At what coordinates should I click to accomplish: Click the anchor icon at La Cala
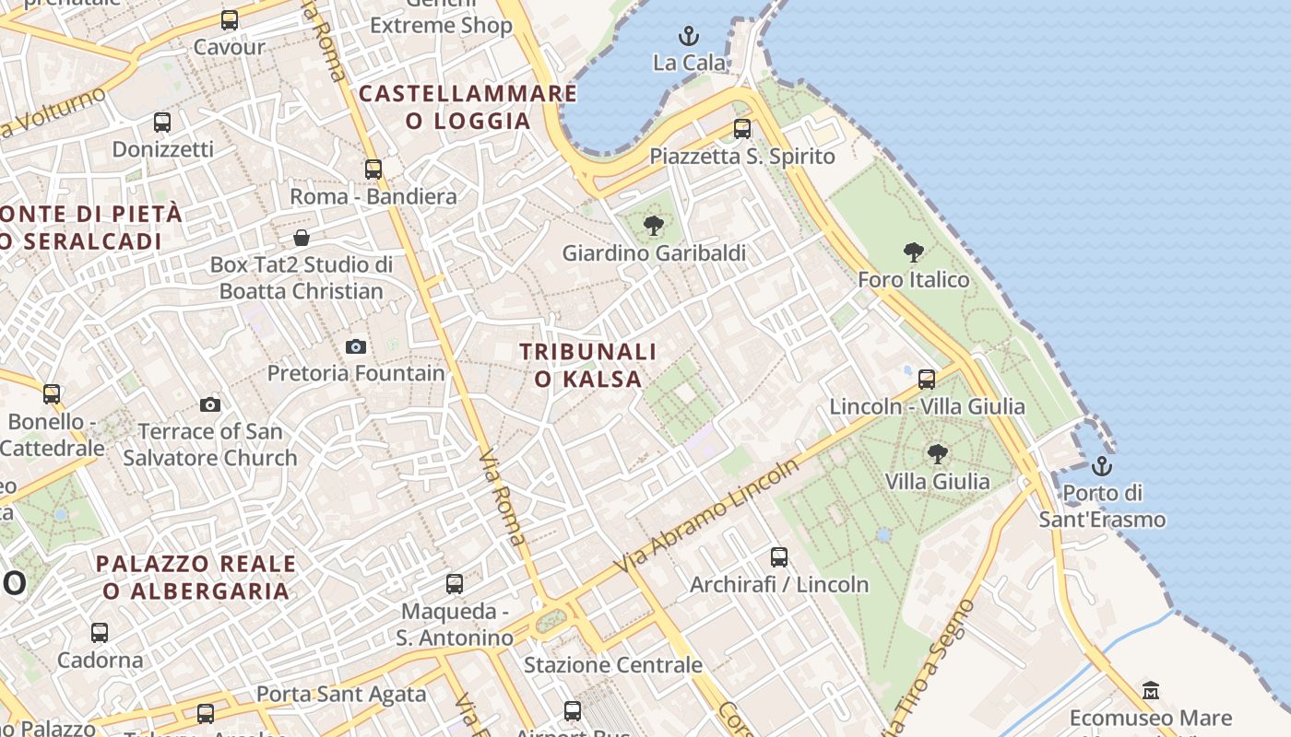tap(689, 37)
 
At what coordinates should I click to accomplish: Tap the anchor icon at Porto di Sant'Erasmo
tap(1102, 466)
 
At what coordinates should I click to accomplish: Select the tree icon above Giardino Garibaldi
tap(654, 225)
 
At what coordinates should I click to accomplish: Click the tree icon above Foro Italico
tap(914, 252)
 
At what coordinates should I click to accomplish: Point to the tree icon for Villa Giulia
tap(938, 453)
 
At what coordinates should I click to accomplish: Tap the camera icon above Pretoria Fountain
tap(356, 346)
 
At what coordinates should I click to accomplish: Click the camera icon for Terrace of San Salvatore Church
tap(210, 404)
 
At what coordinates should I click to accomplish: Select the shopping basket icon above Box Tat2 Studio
tap(302, 239)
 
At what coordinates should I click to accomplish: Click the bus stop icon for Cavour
tap(230, 20)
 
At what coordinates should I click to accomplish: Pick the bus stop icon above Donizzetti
tap(162, 122)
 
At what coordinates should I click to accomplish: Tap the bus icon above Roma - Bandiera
tap(373, 170)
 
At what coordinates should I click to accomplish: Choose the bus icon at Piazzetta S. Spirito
tap(742, 129)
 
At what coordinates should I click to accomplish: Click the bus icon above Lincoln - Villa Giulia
tap(927, 379)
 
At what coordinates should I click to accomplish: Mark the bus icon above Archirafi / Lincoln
tap(779, 556)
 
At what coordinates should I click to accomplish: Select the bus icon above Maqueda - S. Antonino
tap(455, 583)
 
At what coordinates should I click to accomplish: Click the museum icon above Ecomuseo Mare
tap(1151, 690)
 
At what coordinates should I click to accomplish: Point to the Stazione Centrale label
tap(613, 664)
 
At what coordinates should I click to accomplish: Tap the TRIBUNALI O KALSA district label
tap(588, 365)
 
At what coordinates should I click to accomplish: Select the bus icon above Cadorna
tap(100, 633)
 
